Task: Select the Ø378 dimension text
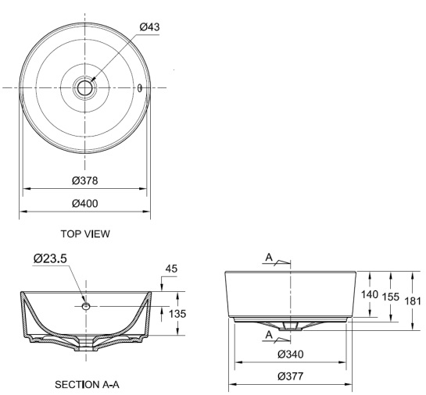pyautogui.click(x=84, y=180)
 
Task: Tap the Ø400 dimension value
pyautogui.click(x=84, y=203)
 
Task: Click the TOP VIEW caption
pyautogui.click(x=85, y=233)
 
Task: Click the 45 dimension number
pyautogui.click(x=172, y=269)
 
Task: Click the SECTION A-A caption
pyautogui.click(x=86, y=384)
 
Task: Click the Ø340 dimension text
pyautogui.click(x=291, y=354)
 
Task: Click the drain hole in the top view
pyautogui.click(x=84, y=87)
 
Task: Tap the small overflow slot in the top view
pyautogui.click(x=139, y=87)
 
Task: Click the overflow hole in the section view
pyautogui.click(x=86, y=306)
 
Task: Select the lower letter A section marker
pyautogui.click(x=269, y=333)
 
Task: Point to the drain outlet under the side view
pyautogui.click(x=290, y=328)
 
